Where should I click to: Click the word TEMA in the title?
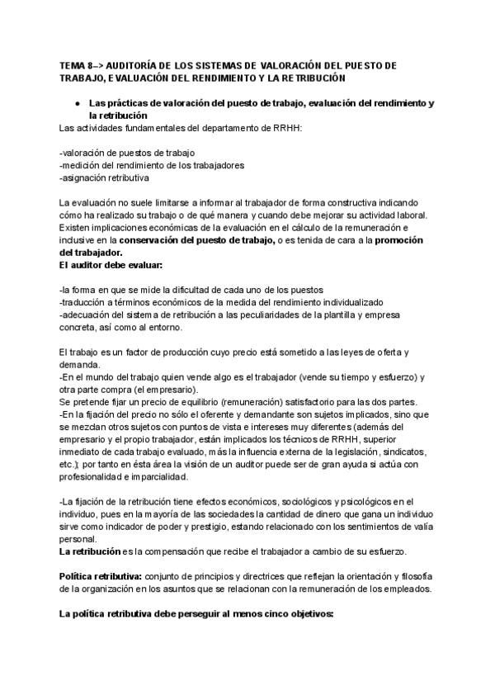click(73, 64)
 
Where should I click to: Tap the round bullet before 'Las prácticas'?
click(76, 103)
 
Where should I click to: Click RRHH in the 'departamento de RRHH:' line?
click(285, 128)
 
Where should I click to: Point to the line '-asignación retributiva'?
click(105, 177)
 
